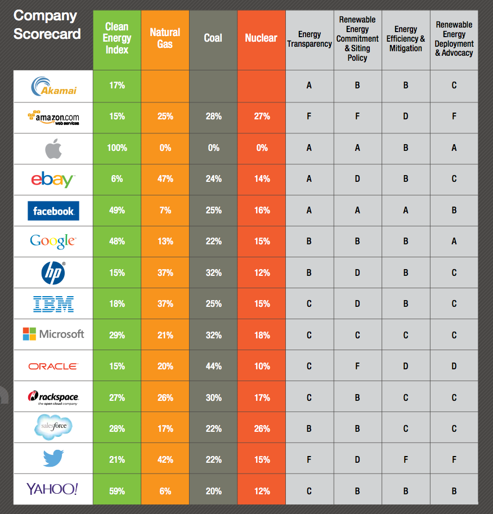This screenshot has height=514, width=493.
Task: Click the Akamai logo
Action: click(53, 86)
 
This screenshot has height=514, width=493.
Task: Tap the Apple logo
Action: click(53, 148)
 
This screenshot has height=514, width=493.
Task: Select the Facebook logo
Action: click(53, 211)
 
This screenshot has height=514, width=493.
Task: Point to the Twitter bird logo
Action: click(53, 459)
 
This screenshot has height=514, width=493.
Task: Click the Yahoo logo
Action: click(53, 489)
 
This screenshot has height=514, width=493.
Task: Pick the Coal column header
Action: click(213, 38)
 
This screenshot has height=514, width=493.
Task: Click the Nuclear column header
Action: click(261, 38)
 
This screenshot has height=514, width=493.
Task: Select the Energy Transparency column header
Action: click(309, 39)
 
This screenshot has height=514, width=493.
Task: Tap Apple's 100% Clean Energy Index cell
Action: click(117, 148)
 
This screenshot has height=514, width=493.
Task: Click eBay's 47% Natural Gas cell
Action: click(165, 179)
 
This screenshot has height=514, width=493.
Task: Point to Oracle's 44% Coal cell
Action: click(213, 366)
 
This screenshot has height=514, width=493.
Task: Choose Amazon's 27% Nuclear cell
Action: click(261, 117)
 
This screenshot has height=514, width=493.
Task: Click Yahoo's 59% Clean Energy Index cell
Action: click(117, 491)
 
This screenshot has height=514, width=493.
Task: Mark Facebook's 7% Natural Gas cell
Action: click(165, 210)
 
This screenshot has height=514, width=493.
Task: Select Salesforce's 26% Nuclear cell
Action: click(261, 428)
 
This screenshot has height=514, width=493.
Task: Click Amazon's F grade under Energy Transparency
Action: click(309, 117)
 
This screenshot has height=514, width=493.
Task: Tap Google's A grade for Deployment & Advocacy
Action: click(454, 241)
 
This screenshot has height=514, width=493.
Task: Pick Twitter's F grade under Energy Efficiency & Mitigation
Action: click(405, 459)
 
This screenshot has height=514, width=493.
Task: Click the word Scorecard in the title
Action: click(47, 33)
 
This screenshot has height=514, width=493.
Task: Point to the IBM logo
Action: click(53, 304)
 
